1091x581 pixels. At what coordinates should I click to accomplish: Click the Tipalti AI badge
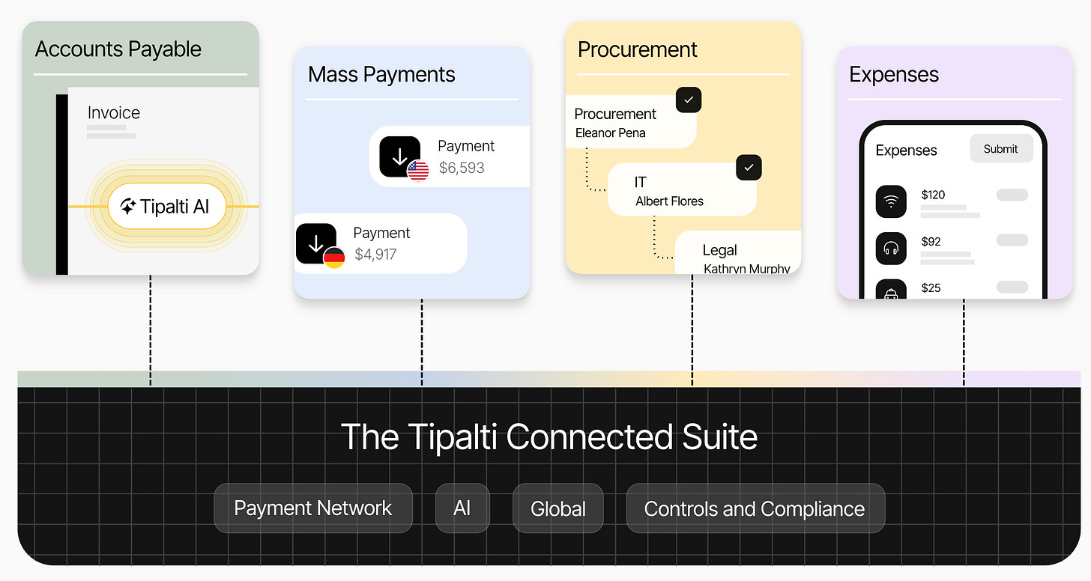(x=166, y=207)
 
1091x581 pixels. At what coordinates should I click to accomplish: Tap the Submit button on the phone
(x=1000, y=149)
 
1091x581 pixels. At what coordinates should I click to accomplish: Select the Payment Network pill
(x=313, y=508)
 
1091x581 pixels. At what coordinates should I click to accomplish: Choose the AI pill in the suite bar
(x=462, y=508)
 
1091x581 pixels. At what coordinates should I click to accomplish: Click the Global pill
(x=557, y=508)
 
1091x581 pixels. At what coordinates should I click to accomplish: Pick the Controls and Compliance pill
(x=755, y=508)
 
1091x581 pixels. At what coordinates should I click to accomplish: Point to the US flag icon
(x=418, y=171)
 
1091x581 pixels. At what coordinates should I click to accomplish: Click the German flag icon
(x=334, y=258)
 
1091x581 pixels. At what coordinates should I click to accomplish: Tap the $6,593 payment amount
(x=462, y=168)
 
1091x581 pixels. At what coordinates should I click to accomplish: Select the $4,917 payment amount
(x=375, y=255)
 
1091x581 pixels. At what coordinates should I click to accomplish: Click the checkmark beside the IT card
(x=749, y=167)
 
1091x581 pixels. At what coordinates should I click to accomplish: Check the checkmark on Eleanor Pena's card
(x=688, y=100)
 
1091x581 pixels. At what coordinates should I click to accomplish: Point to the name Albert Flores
(x=669, y=201)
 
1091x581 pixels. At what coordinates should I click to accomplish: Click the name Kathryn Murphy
(x=746, y=268)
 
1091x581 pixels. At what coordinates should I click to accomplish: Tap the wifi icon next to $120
(x=890, y=201)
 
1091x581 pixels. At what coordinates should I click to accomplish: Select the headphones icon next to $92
(x=890, y=248)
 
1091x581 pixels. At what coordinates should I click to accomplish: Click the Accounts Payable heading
(x=118, y=49)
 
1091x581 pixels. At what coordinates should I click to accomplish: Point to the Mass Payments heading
(x=381, y=75)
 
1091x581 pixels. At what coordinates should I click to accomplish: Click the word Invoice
(x=114, y=113)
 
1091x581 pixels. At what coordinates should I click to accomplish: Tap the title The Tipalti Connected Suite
(x=548, y=437)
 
